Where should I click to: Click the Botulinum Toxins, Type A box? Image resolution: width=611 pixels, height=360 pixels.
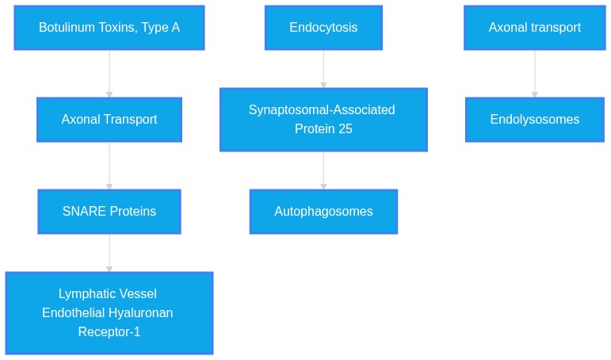pos(109,28)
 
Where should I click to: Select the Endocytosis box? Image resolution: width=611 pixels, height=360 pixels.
pos(323,28)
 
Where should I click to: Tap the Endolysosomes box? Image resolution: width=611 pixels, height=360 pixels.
pos(535,120)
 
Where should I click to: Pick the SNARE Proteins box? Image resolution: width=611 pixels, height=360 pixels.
pos(109,212)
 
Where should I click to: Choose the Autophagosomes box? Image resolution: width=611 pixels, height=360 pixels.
pos(323,212)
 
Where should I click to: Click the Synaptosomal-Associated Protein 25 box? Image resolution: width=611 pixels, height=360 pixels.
pos(323,120)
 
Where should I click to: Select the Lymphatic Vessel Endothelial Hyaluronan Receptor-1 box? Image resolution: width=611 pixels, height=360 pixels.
pos(109,313)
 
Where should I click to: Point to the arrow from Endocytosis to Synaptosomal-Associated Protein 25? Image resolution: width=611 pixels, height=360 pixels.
pos(323,69)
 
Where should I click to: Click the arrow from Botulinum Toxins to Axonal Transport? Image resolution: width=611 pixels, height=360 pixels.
pos(109,74)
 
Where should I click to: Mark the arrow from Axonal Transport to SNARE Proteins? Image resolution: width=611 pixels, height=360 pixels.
pos(109,166)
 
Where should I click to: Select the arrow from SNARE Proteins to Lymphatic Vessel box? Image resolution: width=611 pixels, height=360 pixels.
pos(109,253)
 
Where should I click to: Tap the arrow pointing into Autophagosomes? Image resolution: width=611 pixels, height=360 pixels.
pos(323,170)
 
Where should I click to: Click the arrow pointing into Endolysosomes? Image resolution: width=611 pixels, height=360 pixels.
pos(535,74)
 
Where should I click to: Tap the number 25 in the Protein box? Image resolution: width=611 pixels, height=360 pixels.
pos(346,128)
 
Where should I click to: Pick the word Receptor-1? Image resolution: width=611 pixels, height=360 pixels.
pos(109,332)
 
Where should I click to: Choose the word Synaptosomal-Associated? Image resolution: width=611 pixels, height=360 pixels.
pos(322,110)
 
